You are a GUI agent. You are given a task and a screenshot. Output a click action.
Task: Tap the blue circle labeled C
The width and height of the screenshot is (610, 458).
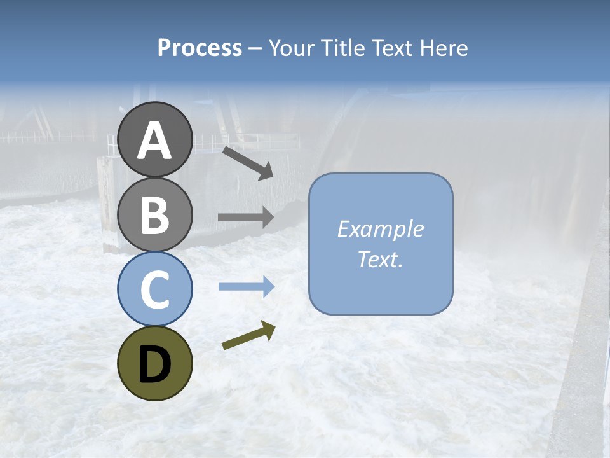click(154, 289)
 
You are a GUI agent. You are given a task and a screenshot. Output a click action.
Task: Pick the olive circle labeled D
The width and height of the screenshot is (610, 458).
click(154, 363)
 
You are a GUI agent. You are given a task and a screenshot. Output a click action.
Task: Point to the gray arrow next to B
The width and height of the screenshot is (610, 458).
click(246, 217)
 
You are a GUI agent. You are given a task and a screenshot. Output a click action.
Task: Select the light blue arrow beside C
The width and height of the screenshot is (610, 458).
click(246, 287)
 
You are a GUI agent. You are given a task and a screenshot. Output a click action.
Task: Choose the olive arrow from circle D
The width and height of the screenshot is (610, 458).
click(248, 335)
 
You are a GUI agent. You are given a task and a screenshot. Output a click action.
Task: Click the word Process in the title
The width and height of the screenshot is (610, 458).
click(200, 48)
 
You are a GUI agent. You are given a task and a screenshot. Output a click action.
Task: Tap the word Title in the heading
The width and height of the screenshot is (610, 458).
click(343, 48)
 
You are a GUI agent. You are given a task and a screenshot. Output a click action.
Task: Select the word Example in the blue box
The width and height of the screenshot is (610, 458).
click(380, 229)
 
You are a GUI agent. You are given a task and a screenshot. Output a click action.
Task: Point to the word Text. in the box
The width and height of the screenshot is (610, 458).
click(380, 259)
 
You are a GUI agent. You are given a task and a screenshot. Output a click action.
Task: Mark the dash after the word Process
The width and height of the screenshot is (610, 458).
click(255, 48)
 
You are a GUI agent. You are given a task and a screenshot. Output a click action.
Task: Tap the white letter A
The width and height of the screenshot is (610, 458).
click(154, 141)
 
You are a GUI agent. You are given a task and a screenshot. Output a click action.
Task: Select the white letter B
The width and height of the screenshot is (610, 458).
click(154, 216)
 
